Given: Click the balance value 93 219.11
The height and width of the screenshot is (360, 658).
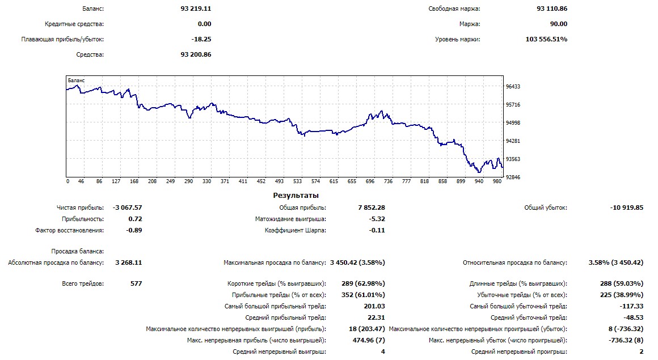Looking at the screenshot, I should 196,9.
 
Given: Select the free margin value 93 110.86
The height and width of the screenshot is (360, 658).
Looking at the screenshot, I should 551,9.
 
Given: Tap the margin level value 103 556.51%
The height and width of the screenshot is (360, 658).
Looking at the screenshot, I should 546,39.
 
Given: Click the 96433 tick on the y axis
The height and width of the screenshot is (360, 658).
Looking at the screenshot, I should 513,87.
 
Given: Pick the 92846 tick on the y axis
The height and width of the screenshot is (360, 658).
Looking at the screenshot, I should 513,177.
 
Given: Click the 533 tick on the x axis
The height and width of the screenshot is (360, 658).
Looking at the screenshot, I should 297,181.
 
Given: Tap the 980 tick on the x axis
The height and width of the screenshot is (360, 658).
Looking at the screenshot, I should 497,181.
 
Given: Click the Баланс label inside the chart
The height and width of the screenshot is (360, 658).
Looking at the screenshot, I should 76,81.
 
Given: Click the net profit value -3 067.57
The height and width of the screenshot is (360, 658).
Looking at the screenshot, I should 127,208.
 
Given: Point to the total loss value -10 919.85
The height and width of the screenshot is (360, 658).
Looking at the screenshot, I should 627,208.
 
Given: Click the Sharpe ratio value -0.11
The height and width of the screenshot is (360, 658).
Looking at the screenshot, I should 377,230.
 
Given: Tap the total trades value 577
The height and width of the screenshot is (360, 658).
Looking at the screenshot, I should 136,283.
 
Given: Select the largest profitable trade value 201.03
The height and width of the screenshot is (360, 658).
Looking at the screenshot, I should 375,306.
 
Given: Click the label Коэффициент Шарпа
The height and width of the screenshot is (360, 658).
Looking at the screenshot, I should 295,230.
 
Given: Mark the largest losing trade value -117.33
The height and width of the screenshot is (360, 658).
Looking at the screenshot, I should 630,306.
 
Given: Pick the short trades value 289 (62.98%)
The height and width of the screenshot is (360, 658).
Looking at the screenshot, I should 361,283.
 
